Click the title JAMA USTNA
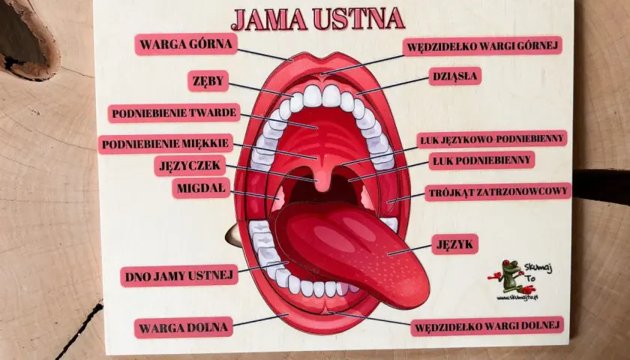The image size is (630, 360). click(317, 19)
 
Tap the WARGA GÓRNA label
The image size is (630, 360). click(186, 44)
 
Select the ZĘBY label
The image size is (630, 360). click(208, 81)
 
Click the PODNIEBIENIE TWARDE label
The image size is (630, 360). click(174, 113)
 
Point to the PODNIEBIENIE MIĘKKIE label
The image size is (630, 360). click(166, 144)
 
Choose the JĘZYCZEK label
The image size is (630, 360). click(190, 166)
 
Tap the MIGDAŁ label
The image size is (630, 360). click(201, 188)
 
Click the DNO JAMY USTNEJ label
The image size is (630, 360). click(179, 276)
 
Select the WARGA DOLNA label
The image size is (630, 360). click(184, 328)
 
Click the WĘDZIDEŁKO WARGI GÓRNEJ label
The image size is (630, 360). click(482, 46)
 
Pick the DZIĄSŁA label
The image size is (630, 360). click(454, 76)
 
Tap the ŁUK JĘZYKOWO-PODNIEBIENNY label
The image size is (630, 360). click(492, 139)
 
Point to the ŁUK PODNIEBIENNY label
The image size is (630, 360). click(481, 160)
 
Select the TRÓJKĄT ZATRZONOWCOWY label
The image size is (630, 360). click(498, 192)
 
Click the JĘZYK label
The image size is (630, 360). click(454, 244)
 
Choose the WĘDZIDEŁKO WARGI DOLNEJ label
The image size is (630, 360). click(487, 326)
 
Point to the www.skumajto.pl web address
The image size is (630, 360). click(517, 298)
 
